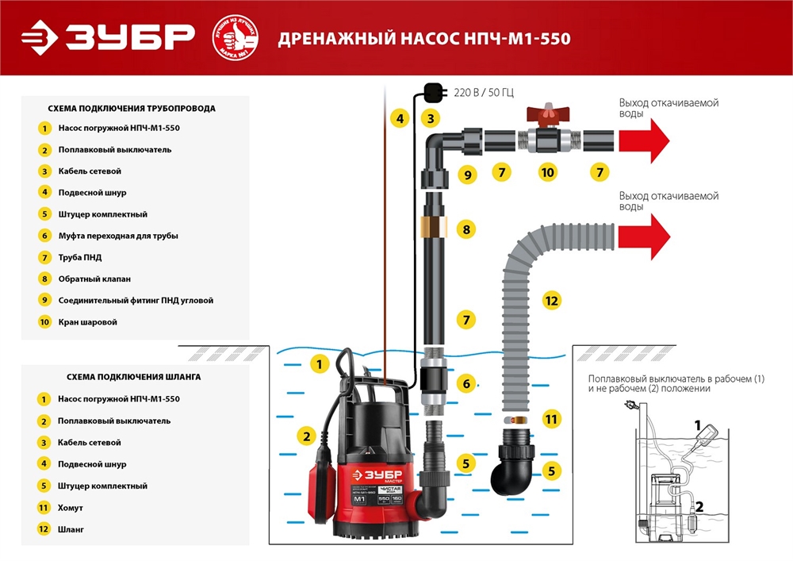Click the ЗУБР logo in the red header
tap(107, 37)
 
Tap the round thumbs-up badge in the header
tap(236, 37)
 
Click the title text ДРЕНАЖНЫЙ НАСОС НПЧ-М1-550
tap(424, 39)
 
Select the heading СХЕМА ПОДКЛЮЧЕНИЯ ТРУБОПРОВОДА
tap(132, 109)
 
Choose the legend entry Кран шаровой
tap(87, 322)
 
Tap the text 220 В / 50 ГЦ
tap(483, 92)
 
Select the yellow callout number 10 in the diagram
tap(546, 171)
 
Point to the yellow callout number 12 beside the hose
tap(551, 301)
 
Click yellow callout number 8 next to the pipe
tap(467, 230)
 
